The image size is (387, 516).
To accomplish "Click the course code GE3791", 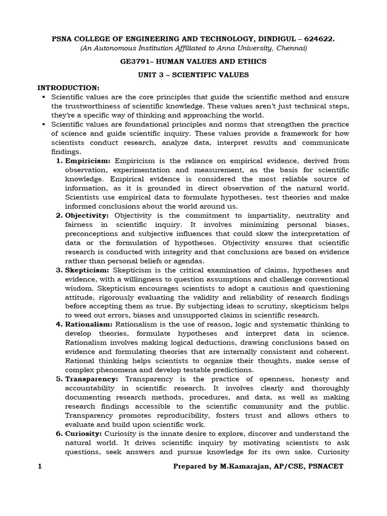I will coord(136,61).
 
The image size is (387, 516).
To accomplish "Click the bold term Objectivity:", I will coord(87,215).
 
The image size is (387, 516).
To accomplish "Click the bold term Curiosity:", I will coord(84,433).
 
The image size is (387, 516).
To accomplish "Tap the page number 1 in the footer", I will coord(40,467).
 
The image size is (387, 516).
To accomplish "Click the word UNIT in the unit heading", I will coord(148,75).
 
